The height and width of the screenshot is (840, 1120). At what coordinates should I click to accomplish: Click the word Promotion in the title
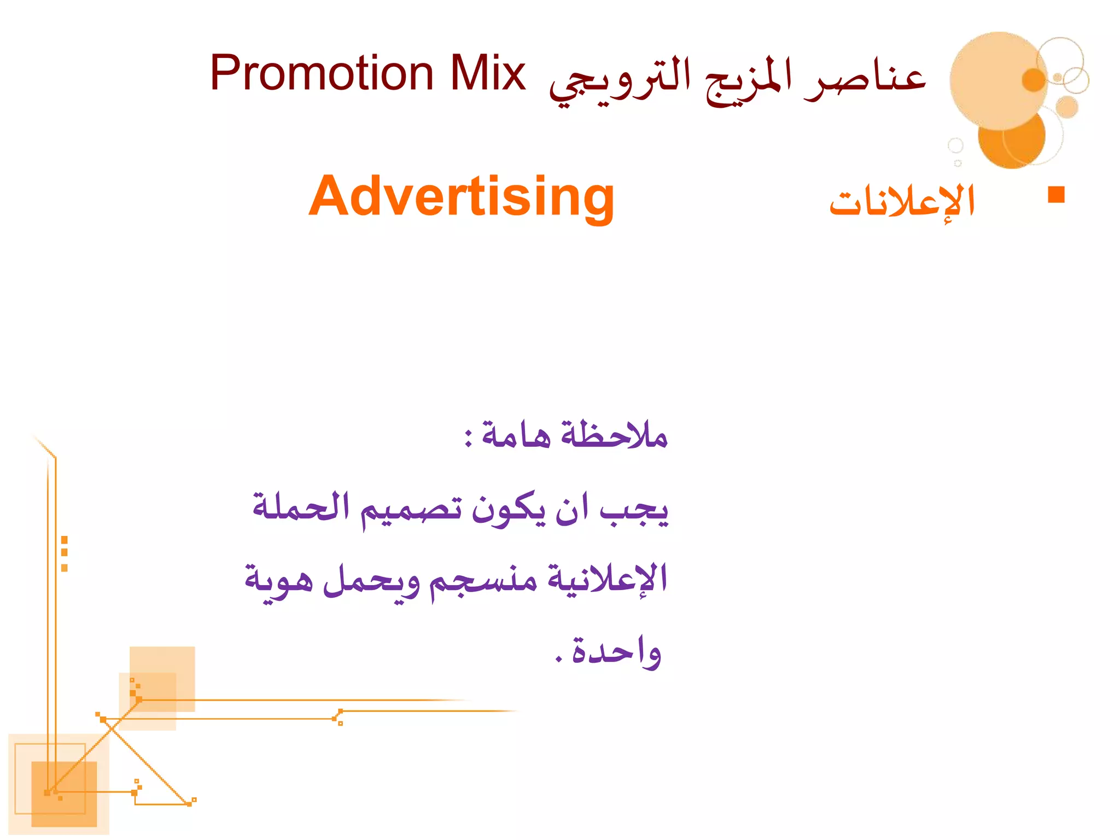[x=322, y=74]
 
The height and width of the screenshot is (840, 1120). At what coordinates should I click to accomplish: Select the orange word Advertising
[x=462, y=197]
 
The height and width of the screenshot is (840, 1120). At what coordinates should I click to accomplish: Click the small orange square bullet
[x=1056, y=195]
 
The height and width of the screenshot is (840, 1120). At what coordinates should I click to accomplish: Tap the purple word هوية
[x=278, y=580]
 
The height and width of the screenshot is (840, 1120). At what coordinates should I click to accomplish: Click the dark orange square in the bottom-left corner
[x=64, y=794]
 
